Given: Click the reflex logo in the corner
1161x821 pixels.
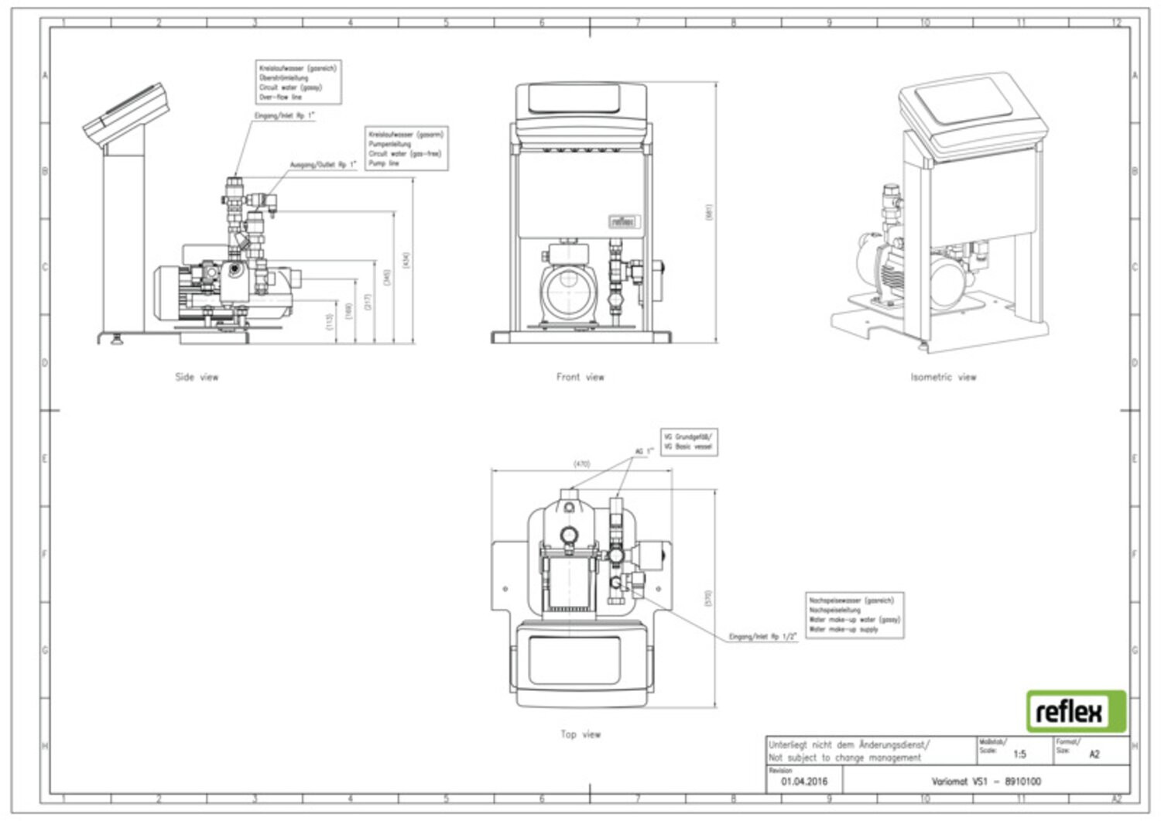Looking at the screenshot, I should pos(1076,711).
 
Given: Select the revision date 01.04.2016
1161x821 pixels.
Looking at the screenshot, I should pos(804,782).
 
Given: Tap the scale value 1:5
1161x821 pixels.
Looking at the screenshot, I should pos(1019,754).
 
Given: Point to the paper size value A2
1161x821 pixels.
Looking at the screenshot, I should pos(1094,754).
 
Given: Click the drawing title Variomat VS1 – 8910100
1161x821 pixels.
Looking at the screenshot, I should pos(985,782).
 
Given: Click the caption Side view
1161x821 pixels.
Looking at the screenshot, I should pos(197,378).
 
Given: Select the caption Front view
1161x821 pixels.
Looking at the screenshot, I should pos(580,378).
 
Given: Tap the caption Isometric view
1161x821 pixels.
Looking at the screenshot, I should pos(943,378).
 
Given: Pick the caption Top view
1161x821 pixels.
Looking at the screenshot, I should pos(580,734).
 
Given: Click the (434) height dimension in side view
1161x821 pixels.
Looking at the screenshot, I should pos(407,261).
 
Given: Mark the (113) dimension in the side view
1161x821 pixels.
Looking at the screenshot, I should pos(330,321).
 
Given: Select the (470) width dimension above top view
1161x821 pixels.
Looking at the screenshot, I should pos(581,464).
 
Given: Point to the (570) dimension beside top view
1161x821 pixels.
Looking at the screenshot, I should pos(708,598).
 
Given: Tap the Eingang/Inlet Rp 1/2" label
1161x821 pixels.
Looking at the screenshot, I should pos(762,637).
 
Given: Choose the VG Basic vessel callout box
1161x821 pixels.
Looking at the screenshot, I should pos(688,442).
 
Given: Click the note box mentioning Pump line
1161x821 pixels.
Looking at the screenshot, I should pos(406,149).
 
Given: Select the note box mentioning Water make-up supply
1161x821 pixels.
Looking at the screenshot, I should pos(854,615).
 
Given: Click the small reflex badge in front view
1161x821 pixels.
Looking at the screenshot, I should pos(625,222).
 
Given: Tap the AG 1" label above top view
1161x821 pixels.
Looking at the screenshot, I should pos(644,452).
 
